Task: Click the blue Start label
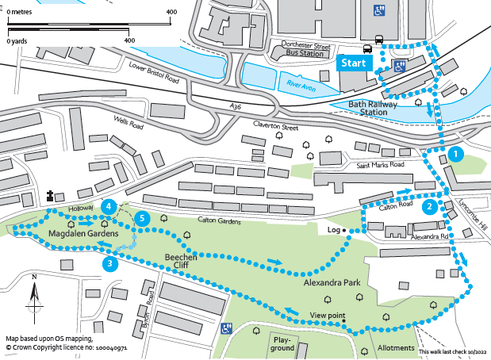coord(355,63)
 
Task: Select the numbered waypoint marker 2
coord(428,207)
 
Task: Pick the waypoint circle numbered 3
coord(110,264)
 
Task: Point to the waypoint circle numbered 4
coord(108,206)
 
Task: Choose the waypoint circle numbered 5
coord(141,217)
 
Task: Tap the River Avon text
coord(298,83)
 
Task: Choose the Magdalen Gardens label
coord(84,235)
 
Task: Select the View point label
coord(328,316)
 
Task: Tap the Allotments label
coord(396,348)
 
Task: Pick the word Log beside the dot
coord(332,230)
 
